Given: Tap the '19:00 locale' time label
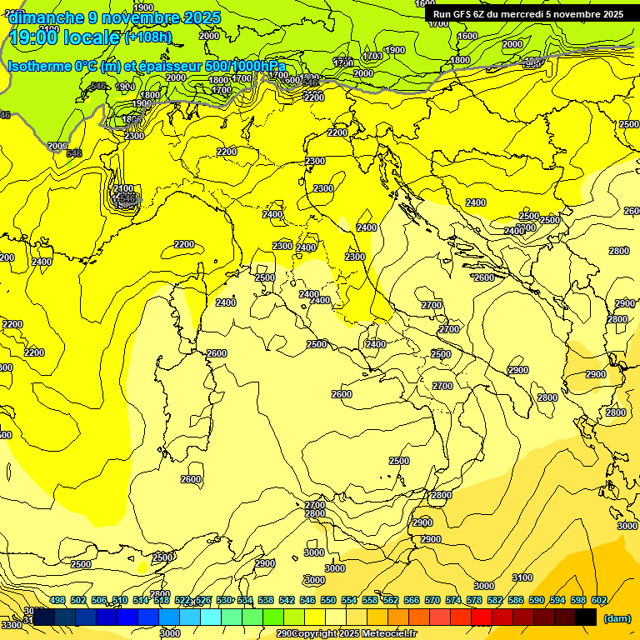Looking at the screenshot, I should (65, 37).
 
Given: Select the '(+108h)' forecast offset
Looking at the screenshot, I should (148, 37).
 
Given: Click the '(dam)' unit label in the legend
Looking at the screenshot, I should (616, 617).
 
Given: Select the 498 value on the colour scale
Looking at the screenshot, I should (57, 601).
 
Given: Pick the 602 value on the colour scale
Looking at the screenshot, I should (599, 601).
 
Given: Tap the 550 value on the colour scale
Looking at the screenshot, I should (328, 601).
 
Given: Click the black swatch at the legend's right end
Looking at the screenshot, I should (586, 617).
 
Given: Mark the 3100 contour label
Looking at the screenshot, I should (522, 577).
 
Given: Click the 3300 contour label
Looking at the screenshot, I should (12, 625).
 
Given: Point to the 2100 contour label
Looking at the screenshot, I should (123, 189).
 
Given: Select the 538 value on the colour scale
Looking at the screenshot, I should (266, 601).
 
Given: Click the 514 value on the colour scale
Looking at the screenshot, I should (141, 601).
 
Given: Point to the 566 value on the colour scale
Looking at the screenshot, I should (412, 601).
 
